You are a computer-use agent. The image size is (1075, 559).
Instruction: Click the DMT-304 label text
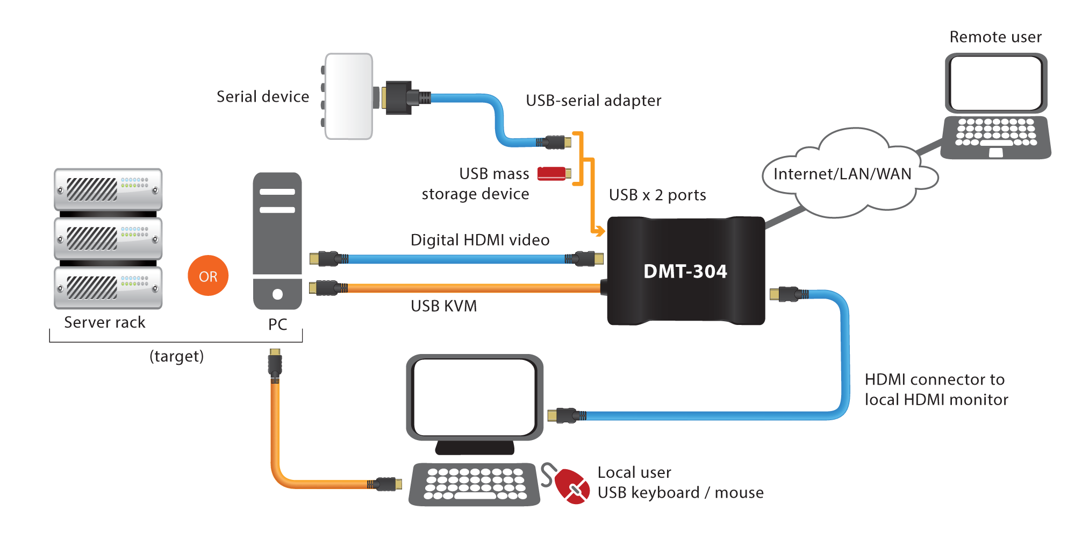tap(685, 271)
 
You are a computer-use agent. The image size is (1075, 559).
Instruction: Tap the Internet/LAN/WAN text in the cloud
tap(842, 174)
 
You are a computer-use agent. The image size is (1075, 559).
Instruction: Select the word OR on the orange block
tap(208, 277)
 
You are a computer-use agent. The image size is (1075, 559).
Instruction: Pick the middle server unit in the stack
tap(108, 238)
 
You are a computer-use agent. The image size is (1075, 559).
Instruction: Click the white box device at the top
tap(348, 96)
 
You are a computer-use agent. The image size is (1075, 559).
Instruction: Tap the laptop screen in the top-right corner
tap(995, 83)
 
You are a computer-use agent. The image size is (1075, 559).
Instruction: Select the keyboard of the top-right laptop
tap(995, 132)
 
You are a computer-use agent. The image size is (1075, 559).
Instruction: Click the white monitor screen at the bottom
tap(474, 397)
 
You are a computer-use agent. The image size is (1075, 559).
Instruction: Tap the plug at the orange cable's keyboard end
tap(386, 484)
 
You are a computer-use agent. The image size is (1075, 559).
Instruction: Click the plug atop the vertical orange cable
tap(275, 364)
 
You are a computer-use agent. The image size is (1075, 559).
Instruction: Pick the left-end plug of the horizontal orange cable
tap(327, 288)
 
